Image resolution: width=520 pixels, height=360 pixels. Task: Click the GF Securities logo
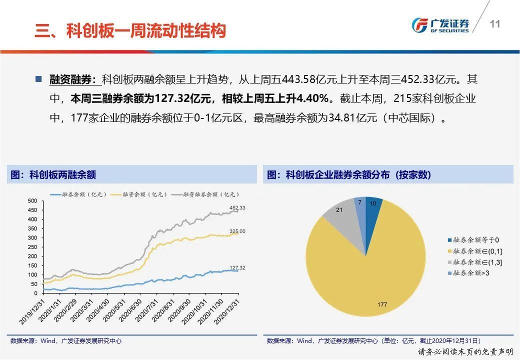[x=440, y=25]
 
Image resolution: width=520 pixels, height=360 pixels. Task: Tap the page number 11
[x=495, y=24]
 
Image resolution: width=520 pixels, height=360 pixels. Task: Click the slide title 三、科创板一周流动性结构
[x=130, y=30]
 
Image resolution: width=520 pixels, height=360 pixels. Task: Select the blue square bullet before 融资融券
[x=39, y=79]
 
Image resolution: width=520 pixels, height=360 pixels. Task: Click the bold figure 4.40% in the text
[x=312, y=98]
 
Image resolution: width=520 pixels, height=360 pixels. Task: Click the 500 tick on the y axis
[x=32, y=201]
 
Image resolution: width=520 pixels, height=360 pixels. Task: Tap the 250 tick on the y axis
[x=32, y=247]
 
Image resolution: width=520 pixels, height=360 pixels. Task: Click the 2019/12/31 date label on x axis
[x=32, y=311]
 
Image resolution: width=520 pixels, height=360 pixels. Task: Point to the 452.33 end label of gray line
[x=237, y=208]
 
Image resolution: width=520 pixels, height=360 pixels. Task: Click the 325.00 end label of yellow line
[x=237, y=231]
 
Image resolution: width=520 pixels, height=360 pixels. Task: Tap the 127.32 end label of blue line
[x=237, y=268]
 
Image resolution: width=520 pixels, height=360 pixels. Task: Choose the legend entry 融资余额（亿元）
[x=139, y=194]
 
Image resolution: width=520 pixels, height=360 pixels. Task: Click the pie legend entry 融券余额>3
[x=468, y=273]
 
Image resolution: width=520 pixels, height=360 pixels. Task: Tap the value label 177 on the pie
[x=382, y=304]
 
